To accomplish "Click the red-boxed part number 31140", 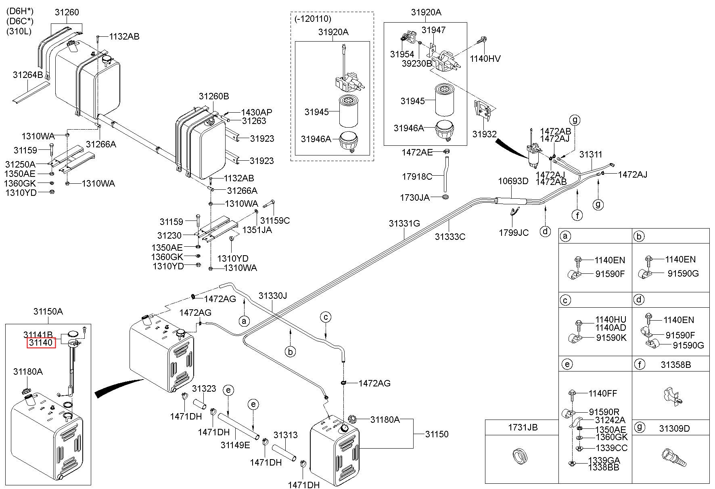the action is point(40,343).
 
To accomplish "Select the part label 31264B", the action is point(28,75).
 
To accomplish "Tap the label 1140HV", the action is point(485,59).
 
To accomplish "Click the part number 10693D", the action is point(513,181).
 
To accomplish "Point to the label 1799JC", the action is point(514,233).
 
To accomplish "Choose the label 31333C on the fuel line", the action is point(450,237).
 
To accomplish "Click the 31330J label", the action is point(273,296).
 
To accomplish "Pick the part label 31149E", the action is point(235,445).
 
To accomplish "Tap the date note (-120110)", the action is point(313,19).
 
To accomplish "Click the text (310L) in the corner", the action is point(19,31).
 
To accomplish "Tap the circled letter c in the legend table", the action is point(566,300).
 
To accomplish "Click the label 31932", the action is point(485,134).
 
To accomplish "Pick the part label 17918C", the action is point(417,176).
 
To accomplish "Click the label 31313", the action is point(285,435).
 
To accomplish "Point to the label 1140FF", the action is point(602,393).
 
